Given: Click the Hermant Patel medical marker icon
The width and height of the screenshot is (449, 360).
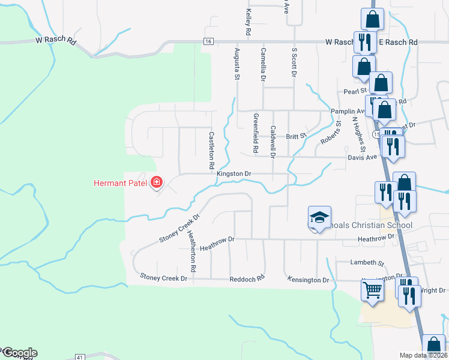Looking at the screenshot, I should pos(157,182).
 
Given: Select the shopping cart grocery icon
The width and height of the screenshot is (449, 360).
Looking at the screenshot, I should pos(373,291).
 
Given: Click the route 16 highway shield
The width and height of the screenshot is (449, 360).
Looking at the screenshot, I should pos(208,41).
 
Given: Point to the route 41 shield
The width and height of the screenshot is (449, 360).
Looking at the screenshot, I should pos(79,357).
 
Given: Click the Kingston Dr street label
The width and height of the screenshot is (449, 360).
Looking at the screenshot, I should pos(234,173).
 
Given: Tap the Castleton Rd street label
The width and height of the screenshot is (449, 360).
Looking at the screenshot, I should pos(211,149).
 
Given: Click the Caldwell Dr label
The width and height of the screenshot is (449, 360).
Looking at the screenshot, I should pos(273,142).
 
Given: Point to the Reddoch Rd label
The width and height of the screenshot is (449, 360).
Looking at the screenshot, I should pos(247,279).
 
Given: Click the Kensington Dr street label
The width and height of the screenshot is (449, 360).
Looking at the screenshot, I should pos(309,280).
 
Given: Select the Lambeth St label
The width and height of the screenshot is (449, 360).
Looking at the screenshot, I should pos(367,263).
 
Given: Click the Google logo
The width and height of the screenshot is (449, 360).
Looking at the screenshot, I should pos(19,352).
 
